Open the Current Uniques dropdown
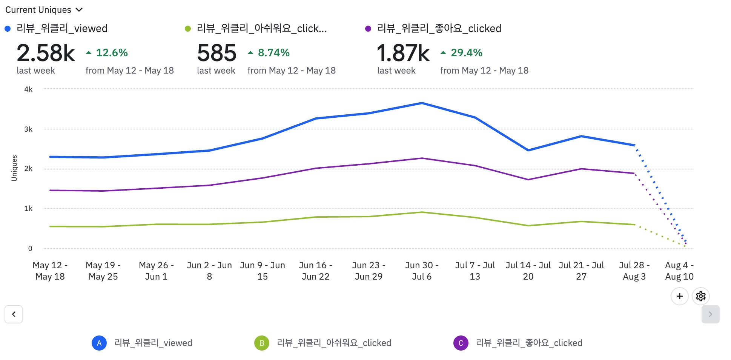pos(43,10)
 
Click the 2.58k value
pos(46,53)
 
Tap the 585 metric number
pos(217,53)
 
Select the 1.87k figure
pos(403,53)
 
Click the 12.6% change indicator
pos(107,53)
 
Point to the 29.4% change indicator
pos(462,53)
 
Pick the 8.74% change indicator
pos(269,53)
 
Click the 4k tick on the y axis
pos(28,89)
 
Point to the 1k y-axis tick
pos(28,209)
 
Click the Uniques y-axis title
pos(14,168)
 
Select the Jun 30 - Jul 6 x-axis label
pos(422,271)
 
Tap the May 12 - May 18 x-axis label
pos(50,271)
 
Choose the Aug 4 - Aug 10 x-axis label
pos(679,271)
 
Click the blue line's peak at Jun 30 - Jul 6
pos(422,103)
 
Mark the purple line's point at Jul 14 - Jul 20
pos(528,180)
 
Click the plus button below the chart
pos(679,296)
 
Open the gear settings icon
pos(701,296)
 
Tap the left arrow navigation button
pos(14,314)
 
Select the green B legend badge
pos(262,343)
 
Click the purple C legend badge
pos(461,343)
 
